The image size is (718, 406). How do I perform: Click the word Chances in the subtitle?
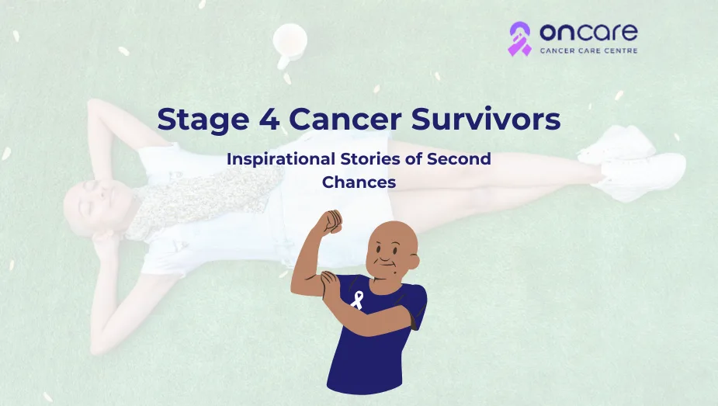[359, 182]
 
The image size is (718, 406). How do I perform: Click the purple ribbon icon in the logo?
[519, 38]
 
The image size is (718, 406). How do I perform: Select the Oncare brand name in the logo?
[588, 33]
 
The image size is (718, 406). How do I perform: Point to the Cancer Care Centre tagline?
[588, 52]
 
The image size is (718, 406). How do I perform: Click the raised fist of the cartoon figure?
[332, 221]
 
